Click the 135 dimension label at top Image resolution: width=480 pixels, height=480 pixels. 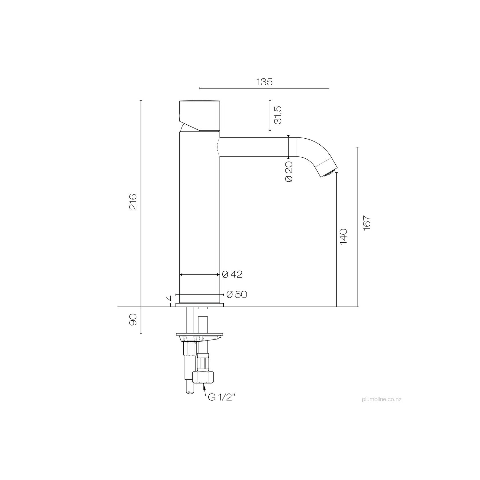264,82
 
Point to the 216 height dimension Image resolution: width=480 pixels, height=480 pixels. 133,202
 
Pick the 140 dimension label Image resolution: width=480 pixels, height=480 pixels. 343,237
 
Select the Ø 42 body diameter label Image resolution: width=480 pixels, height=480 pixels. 232,274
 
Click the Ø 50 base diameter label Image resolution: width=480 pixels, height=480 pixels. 237,294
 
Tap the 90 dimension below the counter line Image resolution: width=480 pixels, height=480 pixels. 133,319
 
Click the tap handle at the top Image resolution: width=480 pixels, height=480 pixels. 199,116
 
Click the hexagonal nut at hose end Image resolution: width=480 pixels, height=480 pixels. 203,378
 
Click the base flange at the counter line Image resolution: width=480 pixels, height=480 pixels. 199,305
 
